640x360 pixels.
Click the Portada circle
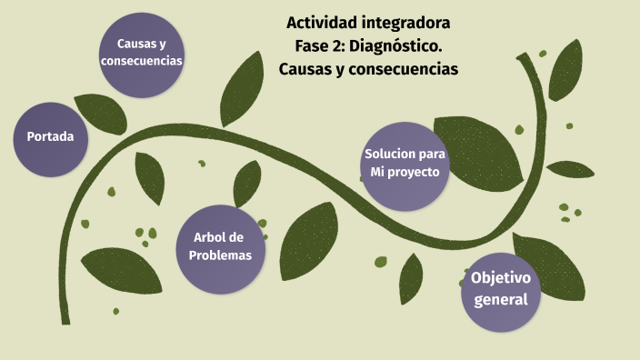pos(51,137)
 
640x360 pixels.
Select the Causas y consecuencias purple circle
pos(142,52)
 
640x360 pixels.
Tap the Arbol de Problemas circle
pos(220,246)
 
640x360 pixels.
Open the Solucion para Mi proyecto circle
pos(405,163)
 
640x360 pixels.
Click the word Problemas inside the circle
pos(220,255)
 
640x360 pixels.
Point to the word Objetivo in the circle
pos(501,277)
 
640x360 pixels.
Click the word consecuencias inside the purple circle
pos(142,61)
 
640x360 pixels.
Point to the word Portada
pos(51,137)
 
